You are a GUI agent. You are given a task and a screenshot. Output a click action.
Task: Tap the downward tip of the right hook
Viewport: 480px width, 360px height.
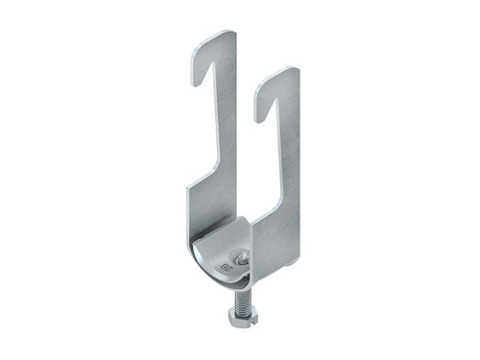click(x=258, y=116)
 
